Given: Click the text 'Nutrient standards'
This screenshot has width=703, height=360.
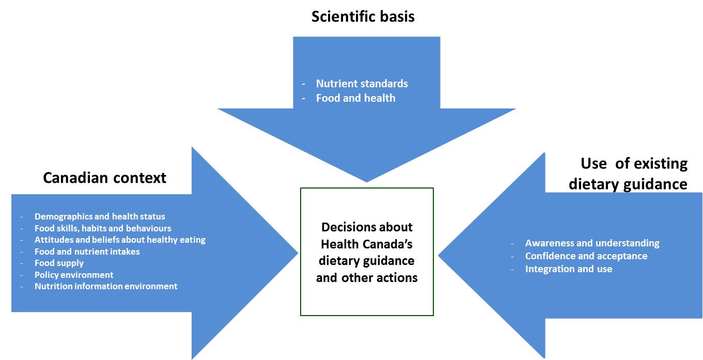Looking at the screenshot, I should (x=362, y=84).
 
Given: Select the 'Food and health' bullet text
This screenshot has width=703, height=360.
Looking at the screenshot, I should (x=355, y=98).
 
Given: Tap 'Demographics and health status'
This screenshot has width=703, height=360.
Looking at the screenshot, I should (x=100, y=217).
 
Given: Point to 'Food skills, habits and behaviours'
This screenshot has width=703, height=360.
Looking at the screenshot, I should (x=103, y=228).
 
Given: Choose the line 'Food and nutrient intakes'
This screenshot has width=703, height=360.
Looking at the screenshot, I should (x=87, y=252).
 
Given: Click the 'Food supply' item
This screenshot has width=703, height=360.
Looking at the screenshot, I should (x=59, y=263).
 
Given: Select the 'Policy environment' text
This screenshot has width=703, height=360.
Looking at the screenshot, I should (x=74, y=275).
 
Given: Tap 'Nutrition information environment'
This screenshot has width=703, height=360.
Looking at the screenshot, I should (x=106, y=286).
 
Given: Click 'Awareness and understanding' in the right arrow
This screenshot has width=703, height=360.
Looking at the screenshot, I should (x=592, y=243).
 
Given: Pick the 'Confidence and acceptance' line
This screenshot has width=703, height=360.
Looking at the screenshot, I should (x=586, y=256).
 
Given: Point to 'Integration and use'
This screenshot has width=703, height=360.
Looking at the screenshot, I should (x=568, y=269).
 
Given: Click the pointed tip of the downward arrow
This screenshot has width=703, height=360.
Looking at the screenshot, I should (x=367, y=181).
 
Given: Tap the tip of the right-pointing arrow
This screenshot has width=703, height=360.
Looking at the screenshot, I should (x=297, y=253).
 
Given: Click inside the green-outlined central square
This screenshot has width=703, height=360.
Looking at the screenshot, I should (x=367, y=252).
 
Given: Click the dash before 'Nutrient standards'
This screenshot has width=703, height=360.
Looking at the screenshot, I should (x=304, y=84).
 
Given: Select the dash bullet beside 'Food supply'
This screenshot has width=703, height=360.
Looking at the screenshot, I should (x=22, y=263).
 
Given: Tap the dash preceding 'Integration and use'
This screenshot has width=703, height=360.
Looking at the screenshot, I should (x=512, y=270).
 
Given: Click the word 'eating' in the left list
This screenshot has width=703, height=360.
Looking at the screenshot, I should (x=192, y=240).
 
